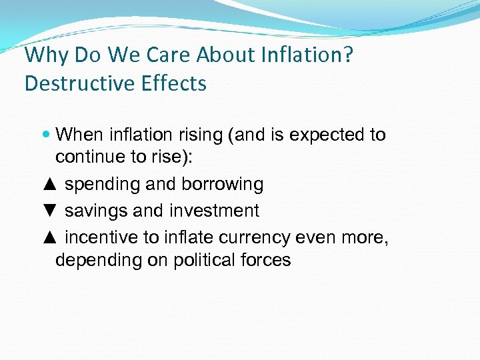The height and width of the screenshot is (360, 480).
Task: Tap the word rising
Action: [196, 135]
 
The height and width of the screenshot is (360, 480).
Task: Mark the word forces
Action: [267, 260]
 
